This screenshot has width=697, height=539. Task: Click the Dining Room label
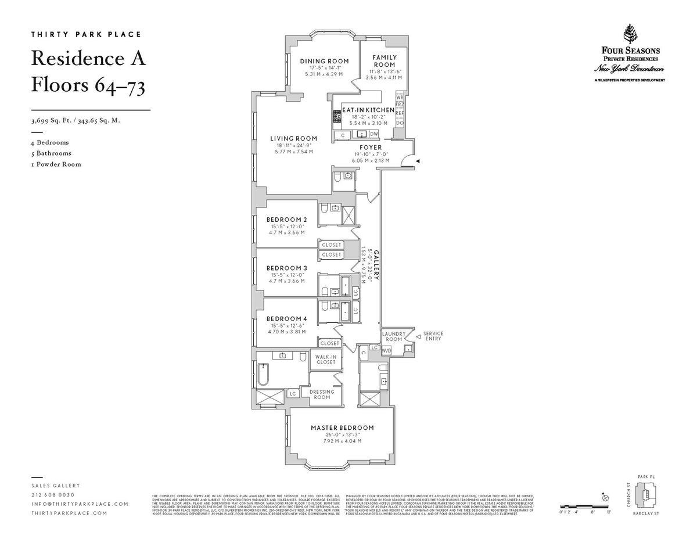pos(324,61)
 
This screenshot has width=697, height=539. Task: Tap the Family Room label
pos(384,61)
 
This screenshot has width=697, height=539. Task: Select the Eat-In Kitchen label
pos(368,110)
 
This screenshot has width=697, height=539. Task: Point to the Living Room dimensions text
pos(294,149)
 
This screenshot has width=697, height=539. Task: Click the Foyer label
pos(370,148)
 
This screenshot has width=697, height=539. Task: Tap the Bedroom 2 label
pos(286,220)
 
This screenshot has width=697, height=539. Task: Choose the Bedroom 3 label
pos(286,268)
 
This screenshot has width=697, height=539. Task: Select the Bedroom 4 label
pos(286,318)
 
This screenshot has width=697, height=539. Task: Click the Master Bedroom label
pos(342,427)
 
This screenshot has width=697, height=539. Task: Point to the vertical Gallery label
pos(376,265)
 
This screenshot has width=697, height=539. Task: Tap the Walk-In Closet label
pos(326,360)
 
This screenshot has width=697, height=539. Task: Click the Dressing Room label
pos(322,394)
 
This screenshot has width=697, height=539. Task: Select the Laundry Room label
pos(393,336)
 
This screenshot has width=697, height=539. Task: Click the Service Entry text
pos(433,336)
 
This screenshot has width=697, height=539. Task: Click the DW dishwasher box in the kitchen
pos(373,134)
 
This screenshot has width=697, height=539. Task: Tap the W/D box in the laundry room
pos(386,350)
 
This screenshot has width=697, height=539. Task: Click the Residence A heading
pos(88,59)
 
